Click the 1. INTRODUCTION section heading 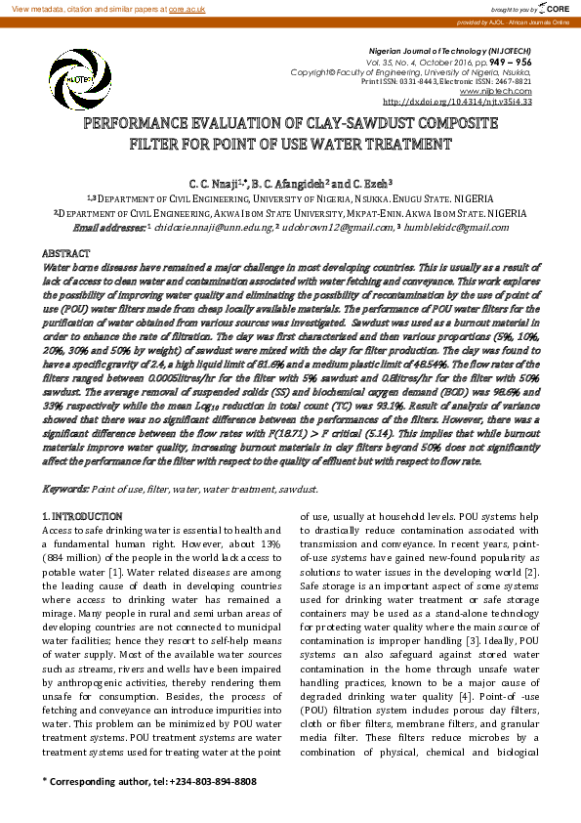pyautogui.click(x=83, y=515)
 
